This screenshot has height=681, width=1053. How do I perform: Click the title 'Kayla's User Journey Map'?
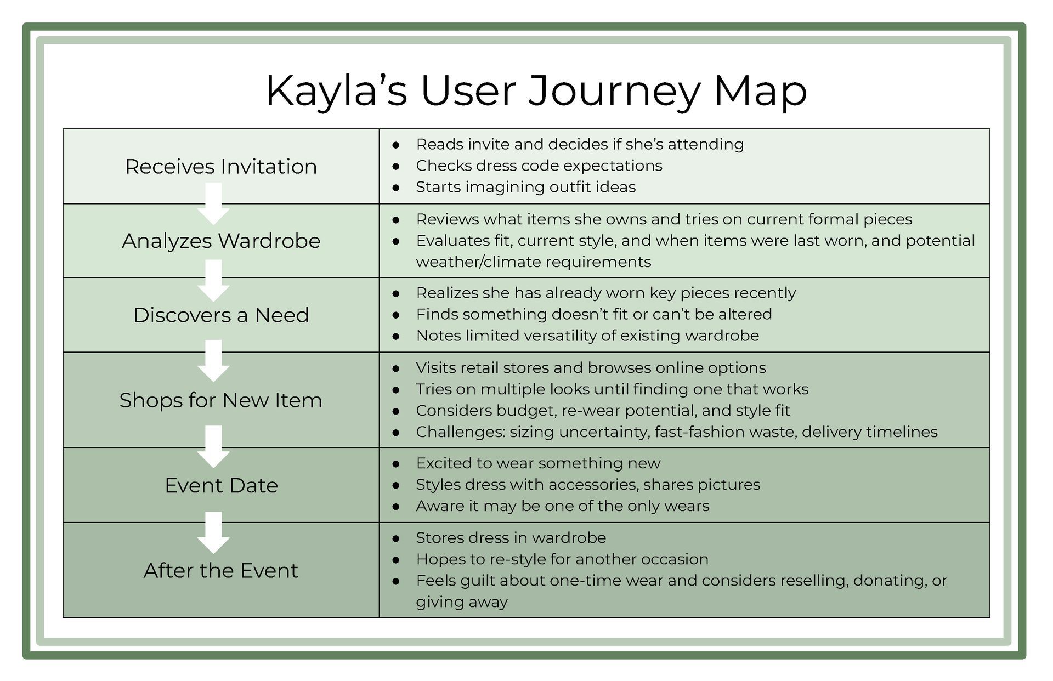point(536,91)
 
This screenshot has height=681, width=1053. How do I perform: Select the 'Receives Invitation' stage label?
point(221,167)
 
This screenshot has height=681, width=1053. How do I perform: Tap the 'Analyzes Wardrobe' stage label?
point(221,241)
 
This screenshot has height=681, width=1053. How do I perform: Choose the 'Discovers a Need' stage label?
point(221,315)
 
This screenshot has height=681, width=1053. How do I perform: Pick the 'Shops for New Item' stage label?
point(221,400)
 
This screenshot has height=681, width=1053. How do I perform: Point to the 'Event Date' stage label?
point(221,486)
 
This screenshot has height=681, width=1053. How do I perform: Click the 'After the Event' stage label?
point(221,571)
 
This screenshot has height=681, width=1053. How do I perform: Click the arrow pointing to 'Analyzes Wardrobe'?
point(213,204)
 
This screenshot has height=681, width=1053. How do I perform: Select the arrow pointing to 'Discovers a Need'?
point(213,280)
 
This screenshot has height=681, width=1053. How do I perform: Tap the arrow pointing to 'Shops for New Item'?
point(213,361)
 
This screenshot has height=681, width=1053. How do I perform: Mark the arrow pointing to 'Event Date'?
point(213,447)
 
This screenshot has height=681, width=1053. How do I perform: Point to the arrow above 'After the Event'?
point(213,532)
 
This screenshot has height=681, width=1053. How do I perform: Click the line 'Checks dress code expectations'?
point(539,166)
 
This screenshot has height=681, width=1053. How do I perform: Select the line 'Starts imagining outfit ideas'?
point(525,187)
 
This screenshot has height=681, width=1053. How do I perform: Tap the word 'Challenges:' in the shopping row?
point(460,432)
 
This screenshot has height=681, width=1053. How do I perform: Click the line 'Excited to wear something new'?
point(537,463)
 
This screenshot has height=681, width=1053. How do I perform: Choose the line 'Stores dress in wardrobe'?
point(511,538)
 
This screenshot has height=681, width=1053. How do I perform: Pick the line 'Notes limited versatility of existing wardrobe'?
point(587,336)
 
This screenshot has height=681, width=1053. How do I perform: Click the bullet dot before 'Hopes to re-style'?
point(396,560)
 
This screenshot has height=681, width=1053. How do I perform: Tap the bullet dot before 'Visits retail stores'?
point(396,368)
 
